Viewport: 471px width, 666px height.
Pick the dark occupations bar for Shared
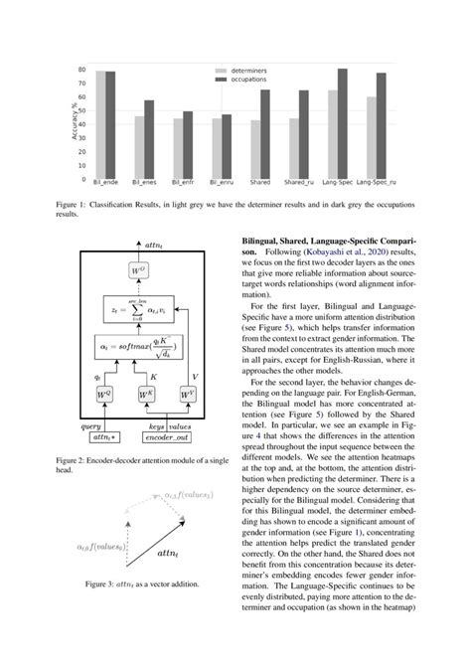[x=265, y=134]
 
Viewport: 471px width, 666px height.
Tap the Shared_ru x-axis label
[x=304, y=185]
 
